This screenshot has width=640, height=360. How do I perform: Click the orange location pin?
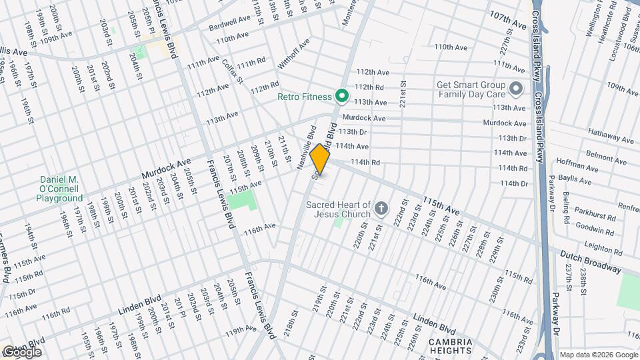320,159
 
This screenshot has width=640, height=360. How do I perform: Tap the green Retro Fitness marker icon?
342,97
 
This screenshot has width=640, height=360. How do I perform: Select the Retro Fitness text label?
305,97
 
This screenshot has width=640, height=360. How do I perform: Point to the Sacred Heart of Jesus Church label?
338,209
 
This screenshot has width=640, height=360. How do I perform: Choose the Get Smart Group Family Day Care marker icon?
516,89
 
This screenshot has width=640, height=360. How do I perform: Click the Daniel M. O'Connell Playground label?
60,189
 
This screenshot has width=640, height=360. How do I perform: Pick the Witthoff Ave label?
295,54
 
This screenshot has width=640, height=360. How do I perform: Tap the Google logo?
22,351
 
